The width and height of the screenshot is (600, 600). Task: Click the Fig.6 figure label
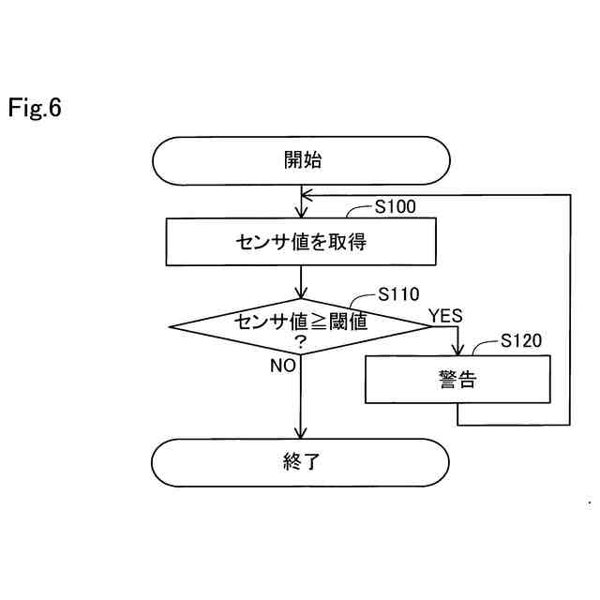tap(35, 109)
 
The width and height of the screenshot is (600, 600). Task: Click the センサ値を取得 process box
tap(300, 242)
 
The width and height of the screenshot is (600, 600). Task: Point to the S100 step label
tap(396, 207)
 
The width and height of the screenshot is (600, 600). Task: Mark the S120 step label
tap(521, 341)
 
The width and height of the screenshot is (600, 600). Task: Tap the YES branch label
tap(445, 316)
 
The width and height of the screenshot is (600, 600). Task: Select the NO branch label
tap(283, 366)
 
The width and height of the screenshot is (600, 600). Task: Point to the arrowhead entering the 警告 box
tap(457, 351)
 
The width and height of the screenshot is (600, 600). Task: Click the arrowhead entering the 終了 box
tap(300, 433)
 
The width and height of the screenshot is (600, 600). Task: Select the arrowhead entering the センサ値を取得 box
tap(300, 213)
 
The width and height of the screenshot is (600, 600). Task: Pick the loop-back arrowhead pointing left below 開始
tap(306, 195)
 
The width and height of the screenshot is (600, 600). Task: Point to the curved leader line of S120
tap(483, 349)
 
